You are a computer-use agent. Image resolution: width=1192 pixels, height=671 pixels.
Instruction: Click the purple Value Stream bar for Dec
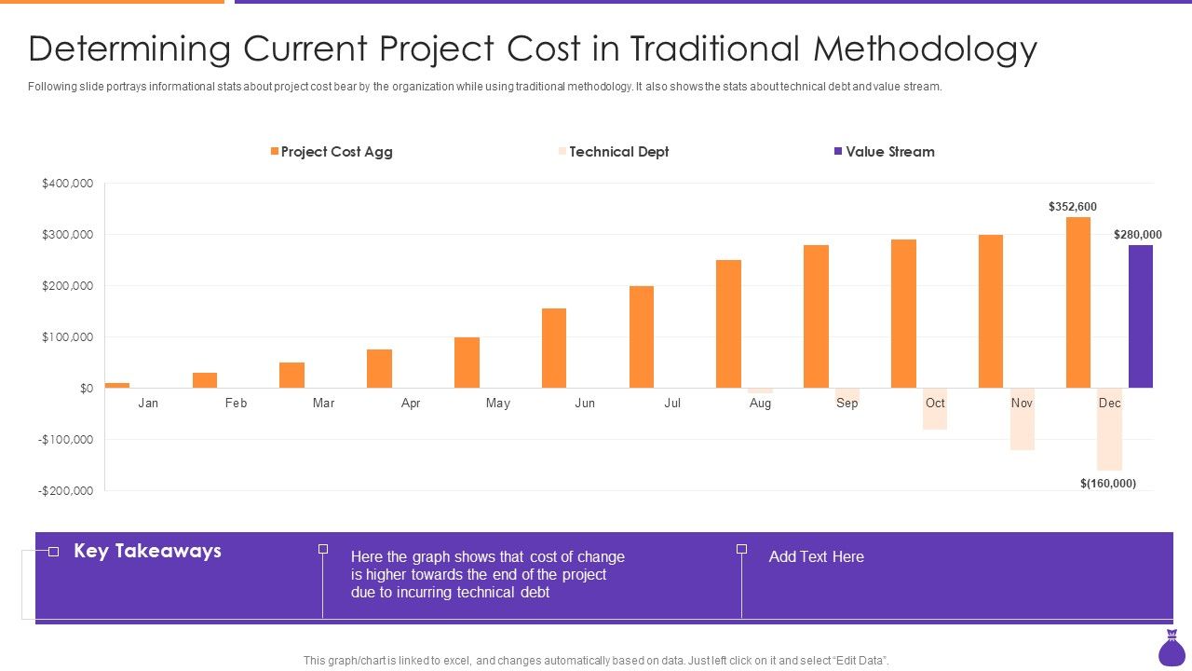[x=1140, y=317]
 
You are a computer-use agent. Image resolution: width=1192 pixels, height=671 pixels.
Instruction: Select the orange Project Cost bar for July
[x=641, y=337]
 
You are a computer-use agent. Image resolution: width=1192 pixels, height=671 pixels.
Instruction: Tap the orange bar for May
[x=467, y=363]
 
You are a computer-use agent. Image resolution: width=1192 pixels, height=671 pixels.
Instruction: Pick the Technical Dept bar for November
[x=1022, y=419]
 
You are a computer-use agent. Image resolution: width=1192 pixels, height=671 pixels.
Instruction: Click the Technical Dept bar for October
[x=935, y=410]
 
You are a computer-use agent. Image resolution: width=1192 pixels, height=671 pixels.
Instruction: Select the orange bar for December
[x=1077, y=303]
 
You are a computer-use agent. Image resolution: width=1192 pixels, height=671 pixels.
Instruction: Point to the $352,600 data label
[x=1072, y=207]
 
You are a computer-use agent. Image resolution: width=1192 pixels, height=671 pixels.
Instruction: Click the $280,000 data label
[x=1137, y=235]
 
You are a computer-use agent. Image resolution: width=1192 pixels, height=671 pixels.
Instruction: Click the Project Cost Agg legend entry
[x=336, y=152]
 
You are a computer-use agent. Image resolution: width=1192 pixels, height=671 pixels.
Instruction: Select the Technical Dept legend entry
[x=618, y=152]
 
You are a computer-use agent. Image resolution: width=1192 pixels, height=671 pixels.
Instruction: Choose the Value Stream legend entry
[x=889, y=152]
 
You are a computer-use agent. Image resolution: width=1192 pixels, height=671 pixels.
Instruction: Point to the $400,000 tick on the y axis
[x=67, y=184]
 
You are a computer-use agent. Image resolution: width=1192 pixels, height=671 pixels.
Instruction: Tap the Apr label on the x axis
[x=411, y=404]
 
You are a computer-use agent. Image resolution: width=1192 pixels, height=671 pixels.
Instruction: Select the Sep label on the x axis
[x=847, y=404]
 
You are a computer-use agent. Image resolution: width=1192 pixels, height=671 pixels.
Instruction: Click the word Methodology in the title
[x=925, y=49]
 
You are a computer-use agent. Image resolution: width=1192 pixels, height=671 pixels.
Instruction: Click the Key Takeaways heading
[x=147, y=551]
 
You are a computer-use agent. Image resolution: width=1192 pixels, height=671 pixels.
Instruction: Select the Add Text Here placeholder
[x=816, y=556]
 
